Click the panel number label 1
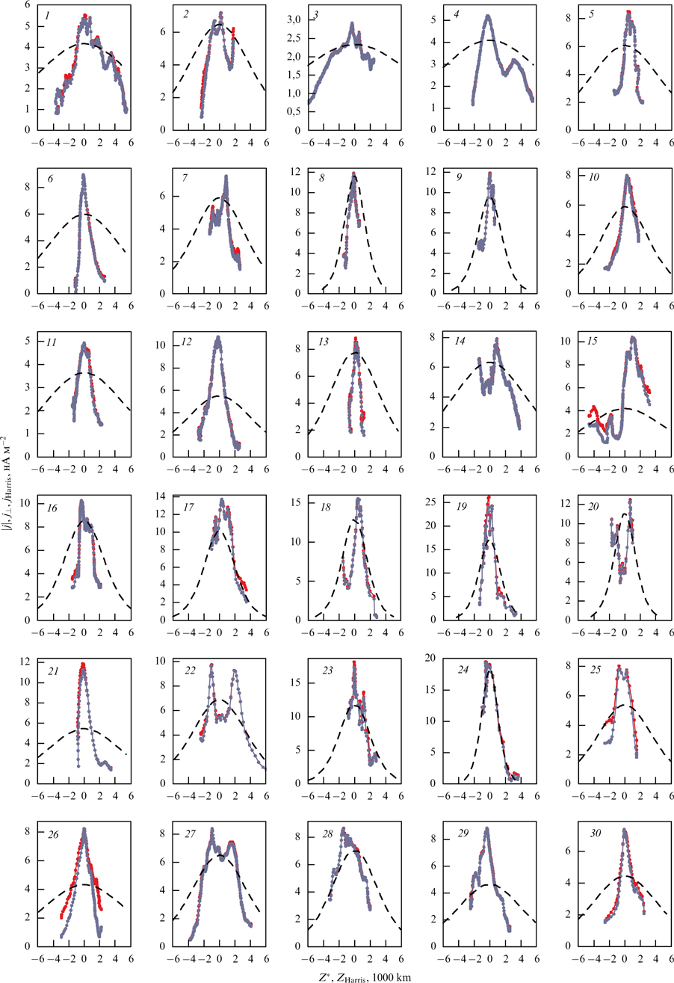tap(46, 14)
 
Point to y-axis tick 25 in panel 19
tap(433, 499)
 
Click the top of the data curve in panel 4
tap(487, 16)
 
